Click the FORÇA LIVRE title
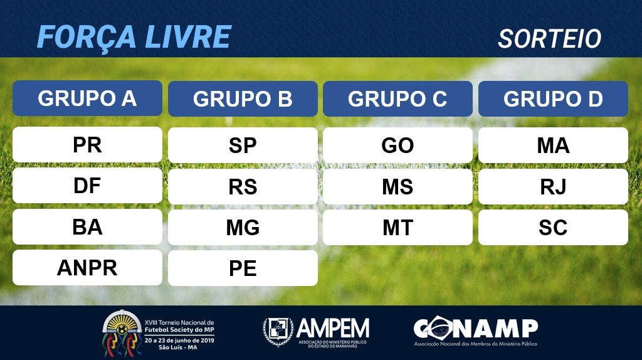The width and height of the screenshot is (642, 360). [x=134, y=37]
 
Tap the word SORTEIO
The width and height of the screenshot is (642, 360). [x=549, y=39]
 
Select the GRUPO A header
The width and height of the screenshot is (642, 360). [x=87, y=98]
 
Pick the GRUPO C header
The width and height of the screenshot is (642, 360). [x=397, y=98]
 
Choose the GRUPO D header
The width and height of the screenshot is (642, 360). [x=553, y=98]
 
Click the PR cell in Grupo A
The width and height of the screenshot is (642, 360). [x=87, y=145]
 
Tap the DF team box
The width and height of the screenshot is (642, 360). [x=87, y=186]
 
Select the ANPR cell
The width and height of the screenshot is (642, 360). [x=87, y=268]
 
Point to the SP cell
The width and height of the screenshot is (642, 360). [x=243, y=146]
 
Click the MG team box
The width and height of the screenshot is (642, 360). [x=243, y=228]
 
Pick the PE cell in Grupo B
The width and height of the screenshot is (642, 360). [x=243, y=268]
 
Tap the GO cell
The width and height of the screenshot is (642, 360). [x=397, y=146]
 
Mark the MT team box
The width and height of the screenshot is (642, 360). [x=397, y=228]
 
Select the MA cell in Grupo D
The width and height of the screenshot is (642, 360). [x=553, y=146]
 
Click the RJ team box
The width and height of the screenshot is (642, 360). [x=553, y=187]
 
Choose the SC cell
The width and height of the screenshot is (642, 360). [x=553, y=228]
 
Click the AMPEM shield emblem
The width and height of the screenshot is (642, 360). [x=278, y=331]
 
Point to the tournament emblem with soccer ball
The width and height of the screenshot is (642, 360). [x=122, y=332]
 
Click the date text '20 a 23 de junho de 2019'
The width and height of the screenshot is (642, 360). [x=179, y=341]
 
